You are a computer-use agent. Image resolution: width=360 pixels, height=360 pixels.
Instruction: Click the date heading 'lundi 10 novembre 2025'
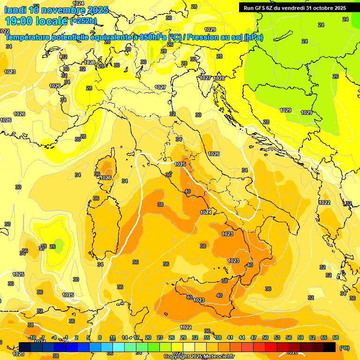coord(56,9)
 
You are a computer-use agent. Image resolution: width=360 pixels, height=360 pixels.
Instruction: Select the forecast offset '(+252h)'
coord(83,21)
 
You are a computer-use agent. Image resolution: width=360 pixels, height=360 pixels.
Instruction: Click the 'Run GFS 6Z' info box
coord(295,7)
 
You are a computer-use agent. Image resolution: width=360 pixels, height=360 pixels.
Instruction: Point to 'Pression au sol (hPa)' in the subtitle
coord(225,37)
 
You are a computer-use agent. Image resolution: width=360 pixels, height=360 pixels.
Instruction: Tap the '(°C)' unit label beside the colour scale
coord(344,348)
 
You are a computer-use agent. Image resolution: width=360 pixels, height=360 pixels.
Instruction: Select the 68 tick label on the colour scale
coord(336,337)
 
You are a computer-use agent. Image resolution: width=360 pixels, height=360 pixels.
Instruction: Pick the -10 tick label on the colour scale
coord(32,337)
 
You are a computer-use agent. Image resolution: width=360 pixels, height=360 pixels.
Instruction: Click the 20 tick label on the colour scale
coord(148,337)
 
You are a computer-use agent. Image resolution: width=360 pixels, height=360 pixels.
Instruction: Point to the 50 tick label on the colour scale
coord(265,337)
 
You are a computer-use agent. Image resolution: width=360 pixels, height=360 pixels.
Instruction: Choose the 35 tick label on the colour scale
coord(207,337)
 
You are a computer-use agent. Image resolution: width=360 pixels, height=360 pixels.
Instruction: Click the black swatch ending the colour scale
coord(330,347)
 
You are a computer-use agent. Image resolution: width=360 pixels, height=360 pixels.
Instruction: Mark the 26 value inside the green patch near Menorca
coord(52,247)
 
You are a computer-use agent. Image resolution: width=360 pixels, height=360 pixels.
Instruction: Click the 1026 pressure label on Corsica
coord(105,178)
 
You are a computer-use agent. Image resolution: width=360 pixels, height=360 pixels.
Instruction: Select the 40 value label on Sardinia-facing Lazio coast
coord(187,191)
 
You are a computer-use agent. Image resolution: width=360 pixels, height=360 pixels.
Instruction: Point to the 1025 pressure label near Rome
coord(180,164)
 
